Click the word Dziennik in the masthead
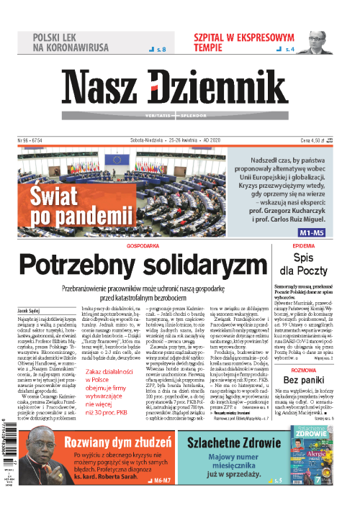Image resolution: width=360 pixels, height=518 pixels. (228, 85)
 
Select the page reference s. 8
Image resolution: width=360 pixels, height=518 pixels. (156, 50)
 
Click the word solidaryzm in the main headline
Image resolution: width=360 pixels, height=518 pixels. (195, 265)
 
